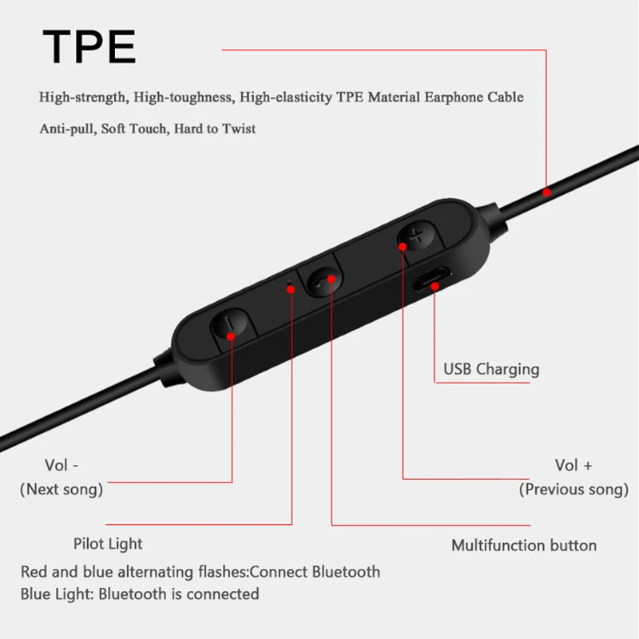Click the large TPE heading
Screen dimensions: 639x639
click(x=89, y=46)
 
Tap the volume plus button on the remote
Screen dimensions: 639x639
click(x=415, y=237)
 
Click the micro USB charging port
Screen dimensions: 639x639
click(x=432, y=286)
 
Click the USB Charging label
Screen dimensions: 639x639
click(x=491, y=369)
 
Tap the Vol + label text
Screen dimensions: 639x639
click(x=574, y=465)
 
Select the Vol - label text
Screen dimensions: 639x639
click(x=62, y=465)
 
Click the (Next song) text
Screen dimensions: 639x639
click(x=62, y=490)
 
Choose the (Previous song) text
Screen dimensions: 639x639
click(x=574, y=490)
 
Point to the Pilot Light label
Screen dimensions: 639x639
click(x=107, y=544)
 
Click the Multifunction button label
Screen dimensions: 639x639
click(x=524, y=546)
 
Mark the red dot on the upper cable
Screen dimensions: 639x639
click(x=546, y=192)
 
